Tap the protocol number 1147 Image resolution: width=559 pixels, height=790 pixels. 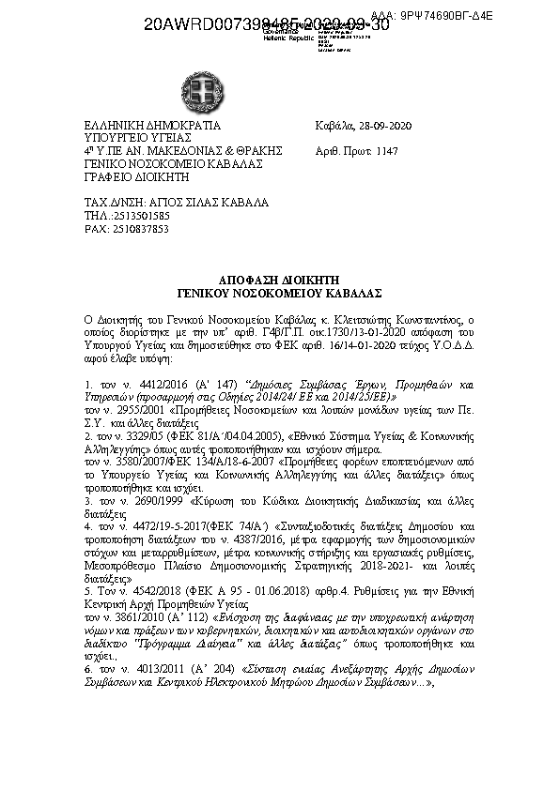(387, 150)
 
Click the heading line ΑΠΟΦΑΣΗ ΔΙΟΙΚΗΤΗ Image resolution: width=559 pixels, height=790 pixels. (278, 281)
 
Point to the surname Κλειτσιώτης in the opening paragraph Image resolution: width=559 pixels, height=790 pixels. (364, 320)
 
